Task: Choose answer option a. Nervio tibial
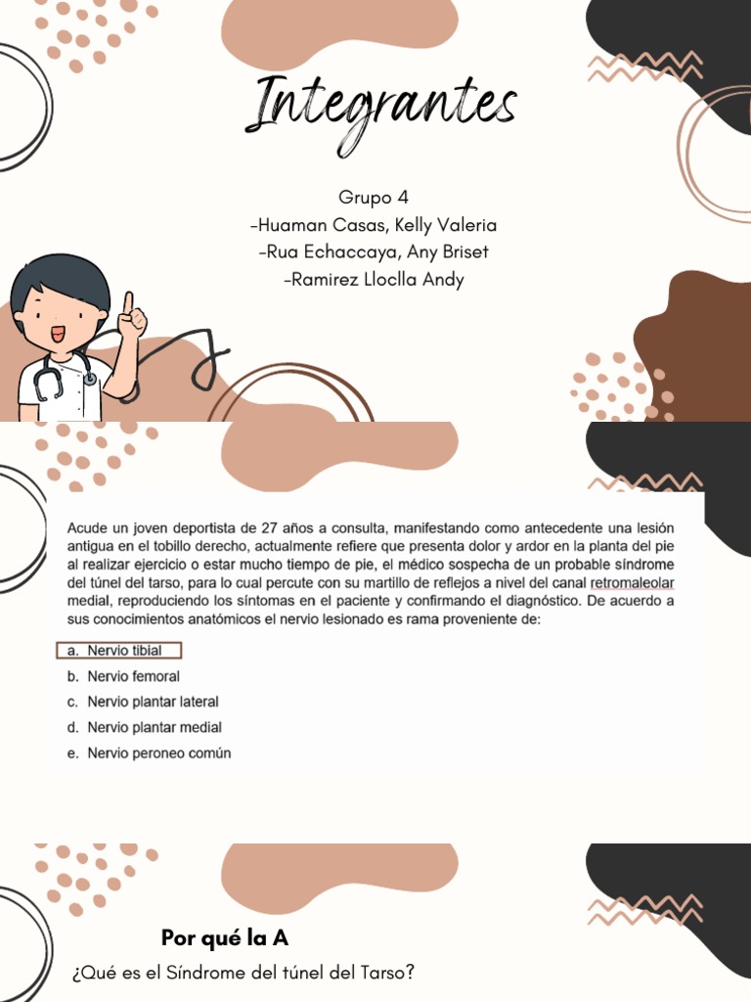123,651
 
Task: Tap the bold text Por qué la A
225,938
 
